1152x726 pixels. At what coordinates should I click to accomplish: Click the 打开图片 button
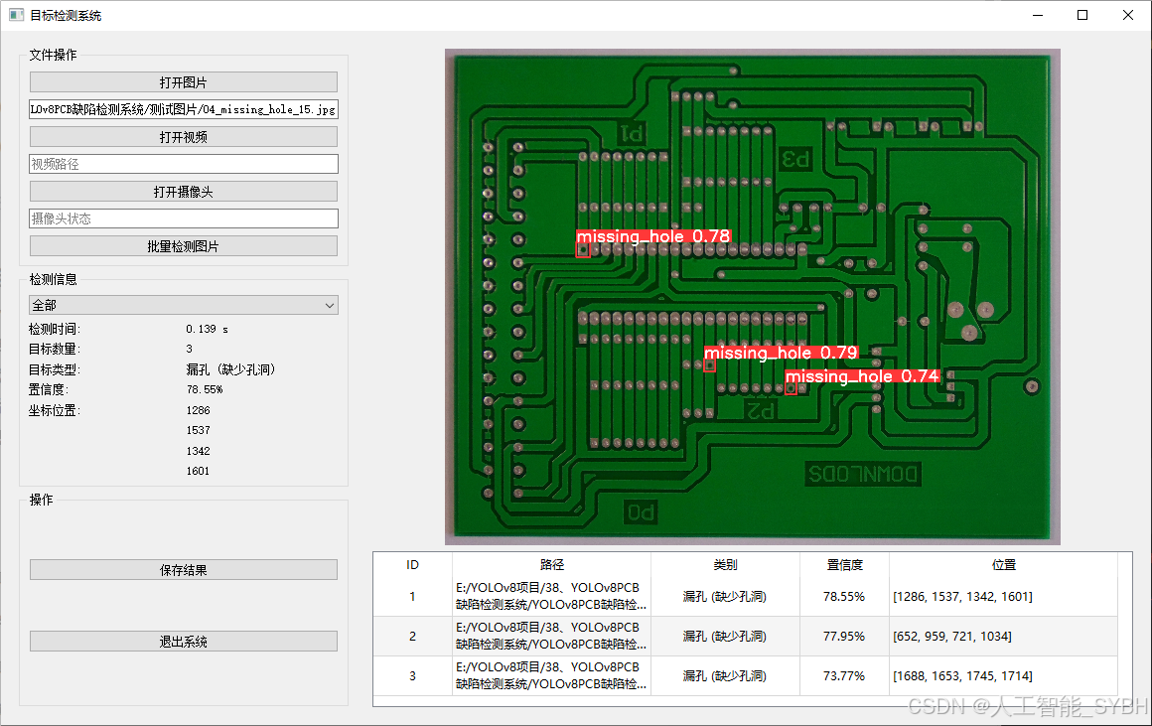[183, 82]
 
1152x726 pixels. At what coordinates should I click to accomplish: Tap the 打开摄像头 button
[183, 192]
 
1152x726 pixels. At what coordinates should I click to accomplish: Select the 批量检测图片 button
[183, 246]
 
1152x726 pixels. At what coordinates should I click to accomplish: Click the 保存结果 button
[183, 570]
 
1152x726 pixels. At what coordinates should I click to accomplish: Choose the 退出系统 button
[183, 642]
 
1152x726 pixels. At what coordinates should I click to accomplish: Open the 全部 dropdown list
[183, 306]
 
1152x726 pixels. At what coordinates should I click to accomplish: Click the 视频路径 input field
[183, 164]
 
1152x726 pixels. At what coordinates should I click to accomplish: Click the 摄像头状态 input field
[183, 218]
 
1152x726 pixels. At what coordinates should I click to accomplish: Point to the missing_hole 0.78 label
[653, 236]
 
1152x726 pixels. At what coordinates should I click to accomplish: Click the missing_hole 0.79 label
[781, 353]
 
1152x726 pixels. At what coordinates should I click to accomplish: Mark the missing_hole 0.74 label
[862, 376]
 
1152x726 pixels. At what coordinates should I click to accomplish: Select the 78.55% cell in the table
[844, 597]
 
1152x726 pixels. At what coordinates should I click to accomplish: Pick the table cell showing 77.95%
[844, 637]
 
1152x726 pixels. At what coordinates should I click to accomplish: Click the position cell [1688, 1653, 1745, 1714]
[961, 676]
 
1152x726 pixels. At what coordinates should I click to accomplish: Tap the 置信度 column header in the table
[844, 564]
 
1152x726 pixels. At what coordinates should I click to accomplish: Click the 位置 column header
[1004, 564]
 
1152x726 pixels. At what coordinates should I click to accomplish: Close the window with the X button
[1128, 15]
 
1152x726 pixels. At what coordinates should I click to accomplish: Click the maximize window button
[1082, 15]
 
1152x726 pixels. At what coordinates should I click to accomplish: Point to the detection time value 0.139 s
[207, 329]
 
